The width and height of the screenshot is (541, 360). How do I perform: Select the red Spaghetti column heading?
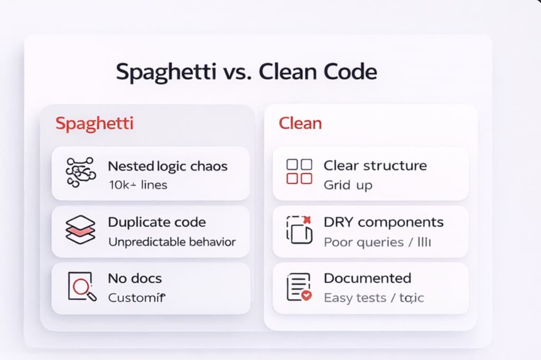pos(94,124)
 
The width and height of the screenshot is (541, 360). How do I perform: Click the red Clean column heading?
pos(300,124)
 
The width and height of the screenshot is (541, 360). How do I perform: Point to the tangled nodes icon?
pos(80,173)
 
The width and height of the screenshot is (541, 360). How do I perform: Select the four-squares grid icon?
pos(299,172)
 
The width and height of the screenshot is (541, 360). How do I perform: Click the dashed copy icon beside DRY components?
pos(299,230)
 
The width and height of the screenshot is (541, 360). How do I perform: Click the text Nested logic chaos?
pos(167,166)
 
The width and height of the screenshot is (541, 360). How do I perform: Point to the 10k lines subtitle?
pos(137,185)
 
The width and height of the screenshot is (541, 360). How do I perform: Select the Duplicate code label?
pos(157,222)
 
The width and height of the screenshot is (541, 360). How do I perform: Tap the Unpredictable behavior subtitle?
pos(172,242)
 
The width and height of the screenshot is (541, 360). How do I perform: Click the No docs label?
pos(135,278)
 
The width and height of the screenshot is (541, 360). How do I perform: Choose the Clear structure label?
pos(375,165)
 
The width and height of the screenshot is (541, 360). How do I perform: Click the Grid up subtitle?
pos(348,185)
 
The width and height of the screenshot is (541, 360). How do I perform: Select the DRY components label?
pos(384,222)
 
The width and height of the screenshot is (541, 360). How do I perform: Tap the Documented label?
pos(367,278)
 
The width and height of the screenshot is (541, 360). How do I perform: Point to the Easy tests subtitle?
pos(355,298)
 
